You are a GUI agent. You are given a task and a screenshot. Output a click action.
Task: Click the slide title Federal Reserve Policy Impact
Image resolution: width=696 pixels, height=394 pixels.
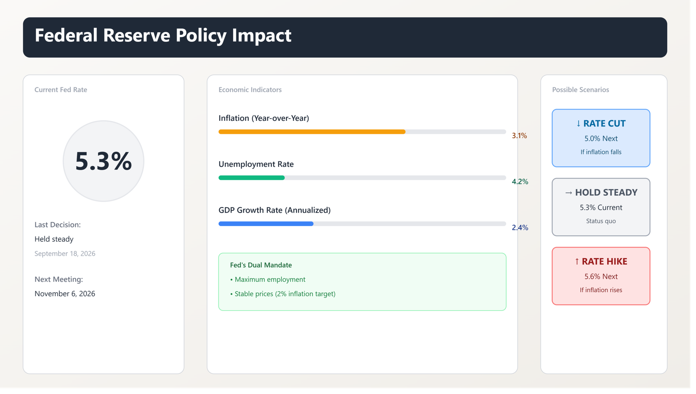click(x=163, y=36)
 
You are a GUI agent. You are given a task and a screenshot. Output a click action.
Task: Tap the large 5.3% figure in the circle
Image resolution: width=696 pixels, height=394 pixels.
click(x=104, y=161)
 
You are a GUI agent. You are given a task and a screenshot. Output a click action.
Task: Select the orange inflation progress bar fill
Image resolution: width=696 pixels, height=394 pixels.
click(x=312, y=132)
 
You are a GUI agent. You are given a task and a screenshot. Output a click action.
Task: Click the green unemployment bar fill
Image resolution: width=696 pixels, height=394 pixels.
click(x=252, y=178)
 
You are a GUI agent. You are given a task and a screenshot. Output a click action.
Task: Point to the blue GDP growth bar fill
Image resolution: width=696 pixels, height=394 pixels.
click(x=266, y=224)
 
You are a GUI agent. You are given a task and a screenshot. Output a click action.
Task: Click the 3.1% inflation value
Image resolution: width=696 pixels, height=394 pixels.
click(x=519, y=136)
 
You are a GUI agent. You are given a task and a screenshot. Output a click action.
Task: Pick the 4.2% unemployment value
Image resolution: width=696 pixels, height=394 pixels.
click(x=520, y=181)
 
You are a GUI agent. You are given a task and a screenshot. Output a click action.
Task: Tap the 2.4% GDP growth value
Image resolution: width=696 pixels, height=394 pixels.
click(x=520, y=227)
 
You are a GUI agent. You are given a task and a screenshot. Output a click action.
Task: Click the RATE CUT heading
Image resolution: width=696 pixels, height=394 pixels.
click(x=601, y=124)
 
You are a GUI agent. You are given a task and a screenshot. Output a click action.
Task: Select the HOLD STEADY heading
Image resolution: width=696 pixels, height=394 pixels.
click(x=601, y=192)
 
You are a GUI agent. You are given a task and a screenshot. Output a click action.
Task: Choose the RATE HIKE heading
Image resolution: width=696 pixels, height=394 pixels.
click(x=601, y=261)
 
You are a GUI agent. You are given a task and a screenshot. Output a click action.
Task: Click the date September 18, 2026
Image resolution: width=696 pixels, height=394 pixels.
click(x=65, y=254)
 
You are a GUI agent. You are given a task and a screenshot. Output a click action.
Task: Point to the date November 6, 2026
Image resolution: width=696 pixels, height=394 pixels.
click(x=65, y=294)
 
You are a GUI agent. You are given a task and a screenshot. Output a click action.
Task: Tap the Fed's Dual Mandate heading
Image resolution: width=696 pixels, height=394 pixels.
click(x=261, y=265)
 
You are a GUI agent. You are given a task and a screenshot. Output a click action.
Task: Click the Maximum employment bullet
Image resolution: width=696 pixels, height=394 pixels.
click(x=268, y=279)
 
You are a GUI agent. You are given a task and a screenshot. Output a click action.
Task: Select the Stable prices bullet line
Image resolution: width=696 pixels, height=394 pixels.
click(x=283, y=294)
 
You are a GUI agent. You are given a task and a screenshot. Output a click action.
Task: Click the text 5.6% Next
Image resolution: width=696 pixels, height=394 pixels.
click(x=601, y=276)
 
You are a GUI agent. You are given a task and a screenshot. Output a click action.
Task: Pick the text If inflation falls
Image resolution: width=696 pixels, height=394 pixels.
click(x=601, y=152)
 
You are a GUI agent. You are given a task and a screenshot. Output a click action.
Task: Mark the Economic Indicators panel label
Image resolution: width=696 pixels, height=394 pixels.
click(x=250, y=90)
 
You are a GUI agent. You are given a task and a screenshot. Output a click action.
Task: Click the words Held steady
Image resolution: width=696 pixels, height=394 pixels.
click(x=54, y=239)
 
